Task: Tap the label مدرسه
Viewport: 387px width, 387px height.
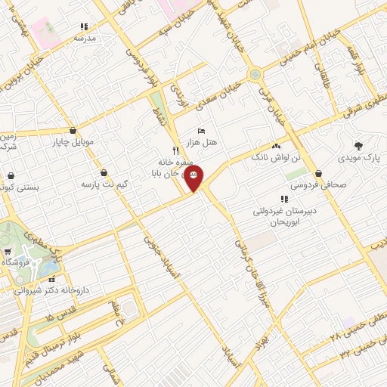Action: [83, 36]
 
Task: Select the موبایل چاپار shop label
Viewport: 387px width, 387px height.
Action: [73, 141]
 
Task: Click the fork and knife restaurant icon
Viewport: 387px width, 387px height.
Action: [175, 150]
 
